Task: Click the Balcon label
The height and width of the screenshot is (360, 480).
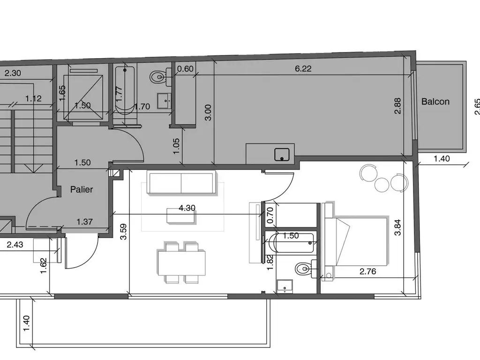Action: [x=435, y=102]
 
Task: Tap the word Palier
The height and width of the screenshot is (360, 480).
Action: [x=82, y=189]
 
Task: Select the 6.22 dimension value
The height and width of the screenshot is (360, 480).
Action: [x=303, y=68]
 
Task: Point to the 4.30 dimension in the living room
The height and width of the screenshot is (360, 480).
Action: [x=187, y=208]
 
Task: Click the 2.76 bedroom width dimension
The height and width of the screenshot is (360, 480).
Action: [x=367, y=271]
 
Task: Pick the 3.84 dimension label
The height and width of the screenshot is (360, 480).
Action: [x=397, y=228]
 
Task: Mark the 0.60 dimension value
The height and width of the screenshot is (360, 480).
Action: [x=185, y=69]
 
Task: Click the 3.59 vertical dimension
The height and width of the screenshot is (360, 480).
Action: [x=123, y=232]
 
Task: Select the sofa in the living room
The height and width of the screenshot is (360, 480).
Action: [x=181, y=183]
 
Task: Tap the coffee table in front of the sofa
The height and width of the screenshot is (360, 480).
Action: [x=181, y=216]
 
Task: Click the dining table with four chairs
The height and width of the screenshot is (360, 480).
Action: [x=181, y=262]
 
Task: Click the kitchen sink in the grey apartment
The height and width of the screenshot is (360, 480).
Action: [x=282, y=154]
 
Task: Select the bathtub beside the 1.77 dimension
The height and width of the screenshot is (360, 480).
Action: [x=125, y=91]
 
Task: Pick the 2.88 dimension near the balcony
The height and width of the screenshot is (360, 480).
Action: [x=397, y=106]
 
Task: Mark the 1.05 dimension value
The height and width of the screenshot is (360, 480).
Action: [x=176, y=146]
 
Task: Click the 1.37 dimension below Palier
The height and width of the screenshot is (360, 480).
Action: [x=84, y=222]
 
